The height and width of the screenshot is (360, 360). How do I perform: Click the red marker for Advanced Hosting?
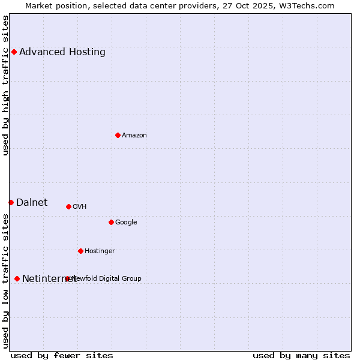[14, 52]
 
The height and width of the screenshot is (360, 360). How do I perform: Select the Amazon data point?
[118, 135]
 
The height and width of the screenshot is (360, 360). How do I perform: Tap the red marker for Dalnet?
[11, 202]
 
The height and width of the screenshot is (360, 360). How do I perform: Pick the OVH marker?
[68, 206]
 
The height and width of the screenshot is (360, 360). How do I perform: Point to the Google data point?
[111, 222]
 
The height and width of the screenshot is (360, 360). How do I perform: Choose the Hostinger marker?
[80, 251]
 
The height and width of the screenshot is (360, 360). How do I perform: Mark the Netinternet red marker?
[17, 278]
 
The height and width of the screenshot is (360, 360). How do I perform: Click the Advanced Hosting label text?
[62, 52]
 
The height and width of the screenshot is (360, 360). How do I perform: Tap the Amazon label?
[134, 135]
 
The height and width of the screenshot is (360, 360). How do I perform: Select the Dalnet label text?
[32, 202]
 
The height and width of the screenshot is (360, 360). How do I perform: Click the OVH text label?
[80, 206]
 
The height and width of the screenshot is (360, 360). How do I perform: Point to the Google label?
[126, 222]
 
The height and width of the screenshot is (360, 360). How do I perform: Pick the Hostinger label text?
[100, 251]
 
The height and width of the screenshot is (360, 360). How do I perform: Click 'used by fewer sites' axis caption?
[62, 355]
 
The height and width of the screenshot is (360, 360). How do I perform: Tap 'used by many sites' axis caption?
[301, 355]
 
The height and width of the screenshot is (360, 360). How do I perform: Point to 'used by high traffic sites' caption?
[5, 85]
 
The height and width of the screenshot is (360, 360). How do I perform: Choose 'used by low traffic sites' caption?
[5, 280]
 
